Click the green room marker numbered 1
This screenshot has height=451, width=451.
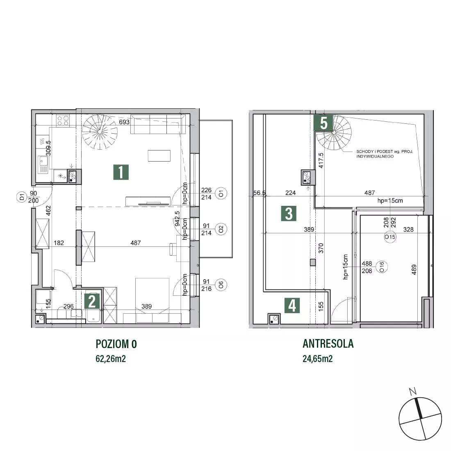coord(121,172)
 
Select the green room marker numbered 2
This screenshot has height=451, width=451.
coord(92,301)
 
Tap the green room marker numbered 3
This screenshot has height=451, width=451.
coord(289,214)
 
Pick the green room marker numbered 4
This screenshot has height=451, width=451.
coord(292,305)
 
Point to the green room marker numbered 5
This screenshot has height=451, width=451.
coord(323,123)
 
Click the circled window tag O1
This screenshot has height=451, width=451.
coord(221,193)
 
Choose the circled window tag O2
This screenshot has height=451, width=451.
coord(221,229)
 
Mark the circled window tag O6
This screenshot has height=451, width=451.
coord(221,285)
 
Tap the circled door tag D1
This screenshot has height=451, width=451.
coord(22,197)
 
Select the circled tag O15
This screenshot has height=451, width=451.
coord(390,237)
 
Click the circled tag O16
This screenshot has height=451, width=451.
coord(382,266)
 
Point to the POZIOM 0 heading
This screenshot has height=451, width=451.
coord(116,344)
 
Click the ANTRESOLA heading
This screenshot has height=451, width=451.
coord(328,344)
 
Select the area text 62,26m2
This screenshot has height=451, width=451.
coord(111,359)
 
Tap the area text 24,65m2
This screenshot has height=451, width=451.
coord(317,359)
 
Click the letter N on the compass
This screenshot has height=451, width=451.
coord(413,391)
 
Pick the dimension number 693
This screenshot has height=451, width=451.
coord(124,122)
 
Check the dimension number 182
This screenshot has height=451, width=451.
coord(59,243)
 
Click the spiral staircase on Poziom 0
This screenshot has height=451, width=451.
coord(100,132)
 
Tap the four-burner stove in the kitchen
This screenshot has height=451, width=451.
coord(63,120)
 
